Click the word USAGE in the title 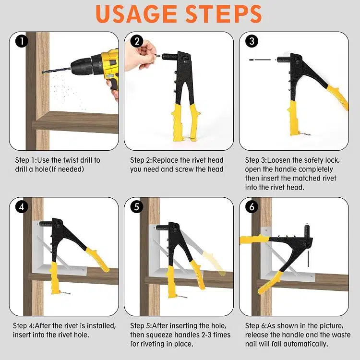[136, 14]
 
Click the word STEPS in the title [224, 14]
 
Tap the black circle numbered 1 [22, 41]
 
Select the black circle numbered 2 [137, 41]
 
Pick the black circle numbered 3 [252, 41]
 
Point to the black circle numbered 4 [22, 207]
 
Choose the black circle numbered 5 [137, 207]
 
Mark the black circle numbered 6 [252, 207]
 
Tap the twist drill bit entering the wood [57, 70]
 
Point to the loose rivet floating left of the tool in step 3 [260, 60]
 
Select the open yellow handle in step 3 [337, 97]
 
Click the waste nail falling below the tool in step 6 [308, 259]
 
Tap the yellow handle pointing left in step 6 [254, 240]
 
